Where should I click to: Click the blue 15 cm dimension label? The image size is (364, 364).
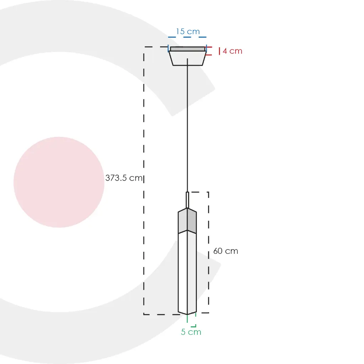point(188,31)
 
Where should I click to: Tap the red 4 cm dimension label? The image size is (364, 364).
point(232,51)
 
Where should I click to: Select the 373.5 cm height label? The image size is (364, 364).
point(124,178)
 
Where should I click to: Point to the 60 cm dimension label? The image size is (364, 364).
point(226,251)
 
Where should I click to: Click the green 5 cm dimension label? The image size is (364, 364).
point(191,332)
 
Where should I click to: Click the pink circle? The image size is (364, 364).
point(59,182)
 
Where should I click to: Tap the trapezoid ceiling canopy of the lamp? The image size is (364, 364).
point(187,58)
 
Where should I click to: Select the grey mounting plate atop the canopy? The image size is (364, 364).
point(188,49)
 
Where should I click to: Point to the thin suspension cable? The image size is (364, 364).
point(187,125)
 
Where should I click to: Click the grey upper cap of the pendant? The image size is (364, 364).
point(187,221)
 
